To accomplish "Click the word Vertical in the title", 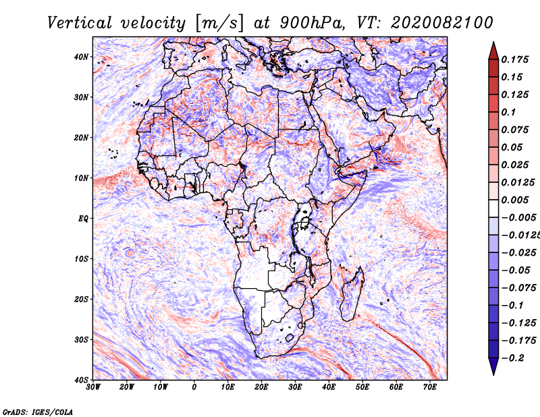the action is point(80,23).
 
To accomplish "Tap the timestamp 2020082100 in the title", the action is point(442,23).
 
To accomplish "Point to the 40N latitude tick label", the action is point(81,57).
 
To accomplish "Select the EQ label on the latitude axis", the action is point(83,219).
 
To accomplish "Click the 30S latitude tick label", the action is point(81,340).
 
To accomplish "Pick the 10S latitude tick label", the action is point(81,259).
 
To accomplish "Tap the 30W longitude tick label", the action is point(93,387).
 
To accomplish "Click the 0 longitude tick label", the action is point(194,387).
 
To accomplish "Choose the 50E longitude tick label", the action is point(362,387).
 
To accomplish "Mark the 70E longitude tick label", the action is point(430,387).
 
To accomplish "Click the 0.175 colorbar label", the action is point(514,60).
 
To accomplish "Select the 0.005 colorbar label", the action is point(514,200).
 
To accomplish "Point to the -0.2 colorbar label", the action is point(513,358).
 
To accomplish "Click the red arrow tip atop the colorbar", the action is point(493,43).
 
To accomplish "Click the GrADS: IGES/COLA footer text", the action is point(38,412).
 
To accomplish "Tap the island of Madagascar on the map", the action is point(352,294).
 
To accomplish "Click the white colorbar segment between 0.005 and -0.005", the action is point(493,208).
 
